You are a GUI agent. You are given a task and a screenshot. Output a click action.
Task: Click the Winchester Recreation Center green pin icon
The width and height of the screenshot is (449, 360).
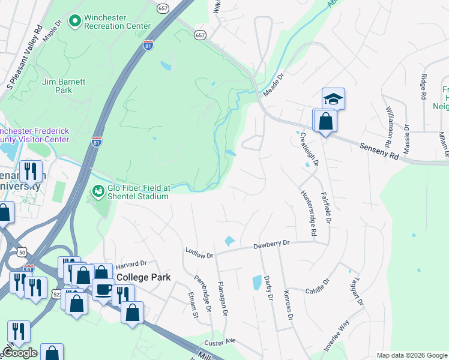coord(75,22)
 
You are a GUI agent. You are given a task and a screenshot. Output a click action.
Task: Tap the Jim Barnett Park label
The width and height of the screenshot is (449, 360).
coord(57,85)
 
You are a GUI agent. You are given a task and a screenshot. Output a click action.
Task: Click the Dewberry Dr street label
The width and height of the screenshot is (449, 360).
coord(271,244)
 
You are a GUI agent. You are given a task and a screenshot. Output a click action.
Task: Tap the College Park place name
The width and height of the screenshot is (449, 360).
coord(143,277)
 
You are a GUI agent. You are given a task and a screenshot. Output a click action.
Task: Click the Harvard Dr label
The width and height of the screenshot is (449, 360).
coord(131,263)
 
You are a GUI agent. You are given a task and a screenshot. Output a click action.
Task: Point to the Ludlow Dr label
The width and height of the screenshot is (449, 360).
coord(199,253)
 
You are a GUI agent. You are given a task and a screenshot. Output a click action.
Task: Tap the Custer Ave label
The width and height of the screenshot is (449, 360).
coord(219,342)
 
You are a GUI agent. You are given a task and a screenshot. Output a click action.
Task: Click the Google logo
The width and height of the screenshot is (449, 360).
coord(20,353)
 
